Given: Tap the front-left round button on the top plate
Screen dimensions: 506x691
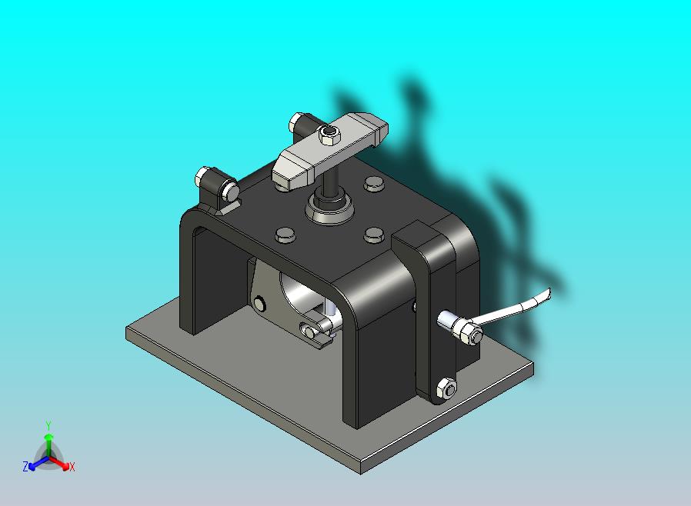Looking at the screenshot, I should pyautogui.click(x=284, y=235).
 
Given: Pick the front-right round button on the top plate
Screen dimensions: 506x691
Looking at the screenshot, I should pyautogui.click(x=375, y=234).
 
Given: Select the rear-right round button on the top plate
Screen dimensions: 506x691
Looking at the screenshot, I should pyautogui.click(x=374, y=184).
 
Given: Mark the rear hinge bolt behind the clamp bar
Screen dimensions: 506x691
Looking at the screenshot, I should pyautogui.click(x=298, y=122).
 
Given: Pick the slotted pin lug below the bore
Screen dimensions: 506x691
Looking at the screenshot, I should pyautogui.click(x=315, y=331).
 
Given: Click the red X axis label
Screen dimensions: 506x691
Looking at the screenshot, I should pyautogui.click(x=72, y=467).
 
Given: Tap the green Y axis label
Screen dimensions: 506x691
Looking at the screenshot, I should pyautogui.click(x=48, y=425).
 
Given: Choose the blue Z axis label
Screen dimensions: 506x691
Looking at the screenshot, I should pyautogui.click(x=25, y=467).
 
